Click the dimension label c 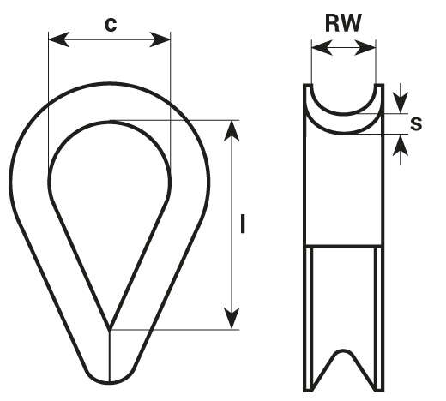click(111, 25)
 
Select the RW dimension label click(343, 23)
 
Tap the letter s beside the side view click(416, 124)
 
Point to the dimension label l click(243, 224)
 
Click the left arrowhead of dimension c click(58, 39)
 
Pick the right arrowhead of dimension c click(160, 39)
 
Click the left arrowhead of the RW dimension click(322, 47)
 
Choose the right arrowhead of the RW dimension click(365, 47)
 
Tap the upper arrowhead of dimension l click(232, 131)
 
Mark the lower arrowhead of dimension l click(232, 319)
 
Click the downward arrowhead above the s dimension click(401, 103)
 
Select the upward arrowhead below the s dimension click(401, 145)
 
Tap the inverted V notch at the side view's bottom click(343, 353)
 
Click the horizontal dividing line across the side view click(343, 246)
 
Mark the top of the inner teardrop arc click(110, 122)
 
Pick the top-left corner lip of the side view click(308, 86)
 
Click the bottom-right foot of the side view click(380, 390)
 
